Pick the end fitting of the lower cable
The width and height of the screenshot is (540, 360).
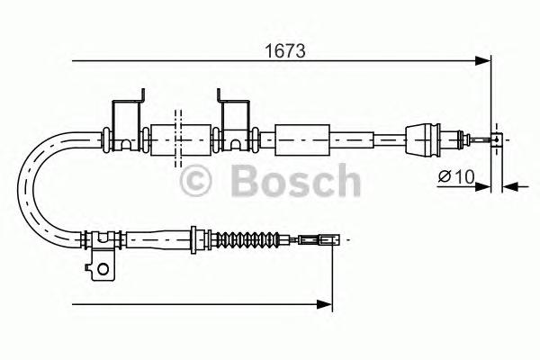(x=325, y=240)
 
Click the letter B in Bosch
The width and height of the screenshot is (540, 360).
(x=247, y=182)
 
